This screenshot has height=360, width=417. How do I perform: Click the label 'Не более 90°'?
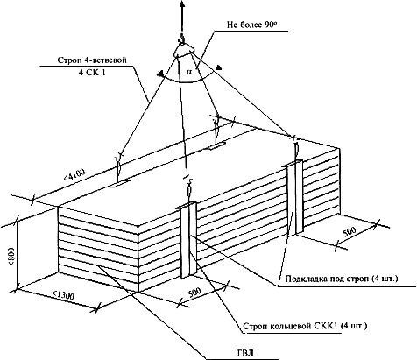click(251, 25)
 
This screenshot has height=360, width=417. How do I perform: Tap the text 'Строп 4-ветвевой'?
click(92, 60)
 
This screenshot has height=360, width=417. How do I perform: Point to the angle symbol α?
click(189, 72)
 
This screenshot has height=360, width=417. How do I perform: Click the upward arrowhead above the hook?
click(181, 4)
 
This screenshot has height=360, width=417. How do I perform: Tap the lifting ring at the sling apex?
click(184, 50)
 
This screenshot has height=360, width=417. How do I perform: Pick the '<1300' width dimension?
click(63, 296)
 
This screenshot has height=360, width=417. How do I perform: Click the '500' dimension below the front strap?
click(194, 292)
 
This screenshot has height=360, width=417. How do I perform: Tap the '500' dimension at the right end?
click(350, 232)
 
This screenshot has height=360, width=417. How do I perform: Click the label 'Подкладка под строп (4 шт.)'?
click(342, 279)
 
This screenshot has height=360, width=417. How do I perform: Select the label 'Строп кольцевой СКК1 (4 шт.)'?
click(305, 326)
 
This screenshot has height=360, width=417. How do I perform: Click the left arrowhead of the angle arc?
click(159, 74)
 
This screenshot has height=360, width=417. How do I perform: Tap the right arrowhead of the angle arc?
click(218, 68)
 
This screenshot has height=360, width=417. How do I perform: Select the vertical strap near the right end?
click(295, 198)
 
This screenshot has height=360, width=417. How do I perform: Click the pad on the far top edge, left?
click(120, 184)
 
